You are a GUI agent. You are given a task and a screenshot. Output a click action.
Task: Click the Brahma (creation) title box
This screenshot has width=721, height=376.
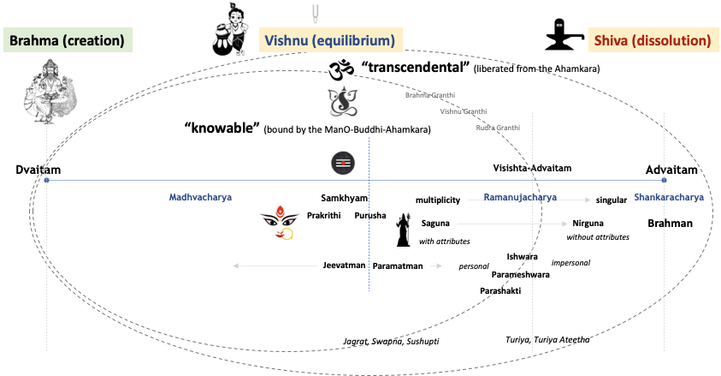click(67, 40)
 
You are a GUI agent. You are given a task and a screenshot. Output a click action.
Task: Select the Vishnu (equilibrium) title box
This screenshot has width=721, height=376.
click(329, 40)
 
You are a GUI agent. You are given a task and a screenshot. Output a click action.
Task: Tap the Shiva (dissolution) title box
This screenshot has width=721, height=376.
click(651, 40)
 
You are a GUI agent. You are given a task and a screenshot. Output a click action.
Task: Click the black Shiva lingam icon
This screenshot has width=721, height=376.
click(564, 34)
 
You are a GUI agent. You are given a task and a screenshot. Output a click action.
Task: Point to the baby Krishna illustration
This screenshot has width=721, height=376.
click(230, 28)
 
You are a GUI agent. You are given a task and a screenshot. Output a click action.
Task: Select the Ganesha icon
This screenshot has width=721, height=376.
click(342, 101)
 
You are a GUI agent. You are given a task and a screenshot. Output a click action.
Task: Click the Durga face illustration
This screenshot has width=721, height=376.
click(281, 223)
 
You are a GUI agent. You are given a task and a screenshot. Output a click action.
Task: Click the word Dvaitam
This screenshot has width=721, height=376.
click(33, 170)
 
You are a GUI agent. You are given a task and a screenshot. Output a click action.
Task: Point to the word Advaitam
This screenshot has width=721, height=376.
click(671, 170)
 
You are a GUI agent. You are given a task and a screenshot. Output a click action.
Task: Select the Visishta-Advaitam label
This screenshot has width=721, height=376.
click(532, 168)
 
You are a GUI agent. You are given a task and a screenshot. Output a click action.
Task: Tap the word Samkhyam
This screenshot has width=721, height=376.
click(338, 196)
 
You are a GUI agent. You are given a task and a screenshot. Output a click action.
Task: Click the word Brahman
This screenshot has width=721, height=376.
click(670, 223)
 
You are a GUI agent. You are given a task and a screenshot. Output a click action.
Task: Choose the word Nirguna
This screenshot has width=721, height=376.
click(588, 223)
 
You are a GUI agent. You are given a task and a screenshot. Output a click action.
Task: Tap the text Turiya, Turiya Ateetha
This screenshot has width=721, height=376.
click(547, 339)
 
